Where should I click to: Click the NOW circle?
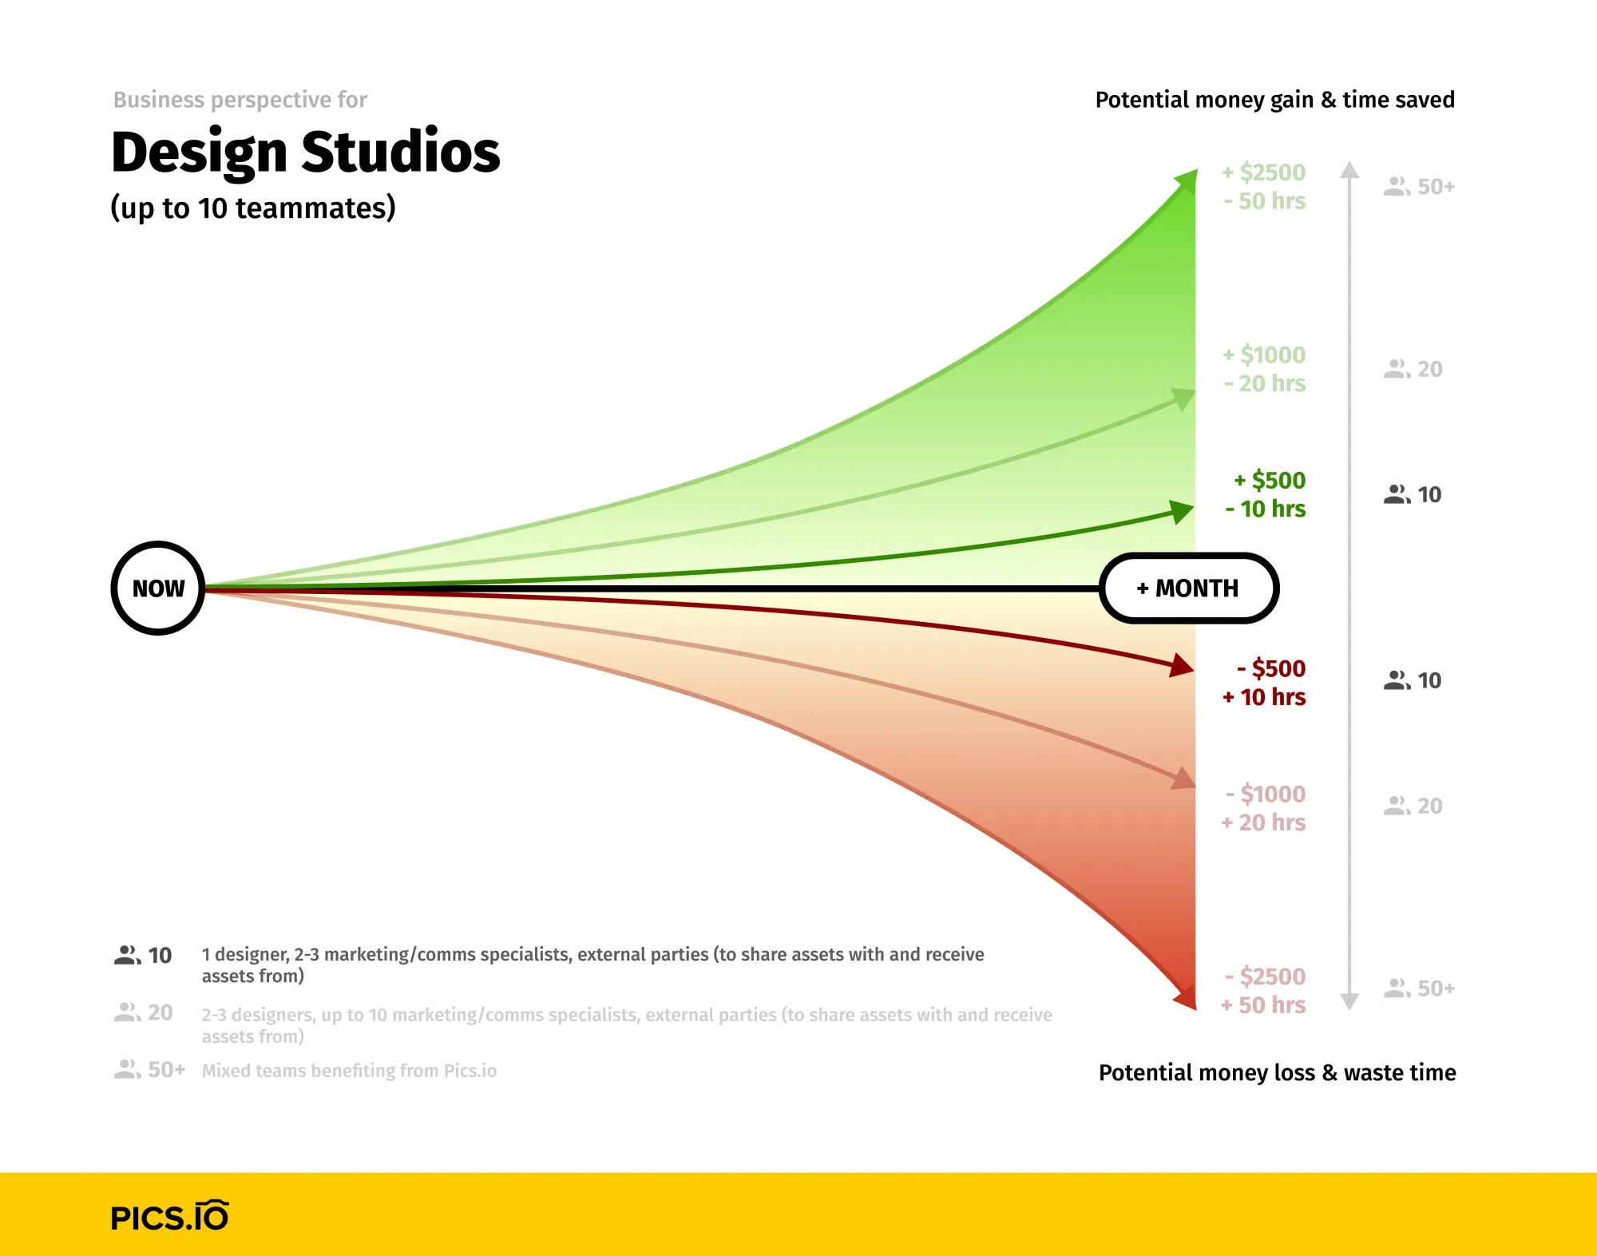158,588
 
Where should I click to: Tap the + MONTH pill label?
1188,588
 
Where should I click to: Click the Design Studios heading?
305,152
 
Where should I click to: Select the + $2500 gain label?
1264,172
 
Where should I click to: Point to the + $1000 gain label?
1264,355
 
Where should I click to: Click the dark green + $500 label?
1270,480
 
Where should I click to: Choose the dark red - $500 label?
1271,668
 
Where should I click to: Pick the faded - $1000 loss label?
1266,794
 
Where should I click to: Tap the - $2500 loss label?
1266,977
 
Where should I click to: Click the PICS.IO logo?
169,1216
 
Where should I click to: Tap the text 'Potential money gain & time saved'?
1274,100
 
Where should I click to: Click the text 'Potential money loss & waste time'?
1277,1072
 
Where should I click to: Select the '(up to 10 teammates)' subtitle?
253,208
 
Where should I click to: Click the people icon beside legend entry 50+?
127,1069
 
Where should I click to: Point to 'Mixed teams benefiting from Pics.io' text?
349,1071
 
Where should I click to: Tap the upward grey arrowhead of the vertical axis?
1349,169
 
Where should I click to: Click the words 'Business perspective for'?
240,100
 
